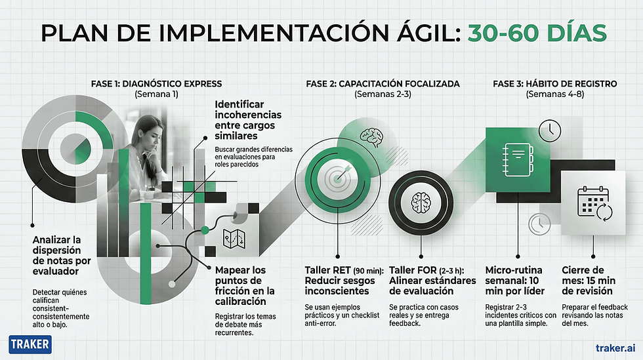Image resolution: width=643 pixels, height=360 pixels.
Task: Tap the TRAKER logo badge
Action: click(x=31, y=345)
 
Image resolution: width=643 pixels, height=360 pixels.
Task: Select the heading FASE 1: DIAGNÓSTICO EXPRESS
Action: click(x=156, y=83)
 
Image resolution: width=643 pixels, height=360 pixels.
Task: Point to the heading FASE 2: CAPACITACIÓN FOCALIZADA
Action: click(x=383, y=83)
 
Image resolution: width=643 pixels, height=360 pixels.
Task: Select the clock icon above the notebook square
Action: click(x=550, y=129)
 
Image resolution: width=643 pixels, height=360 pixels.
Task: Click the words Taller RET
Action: click(x=327, y=270)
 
